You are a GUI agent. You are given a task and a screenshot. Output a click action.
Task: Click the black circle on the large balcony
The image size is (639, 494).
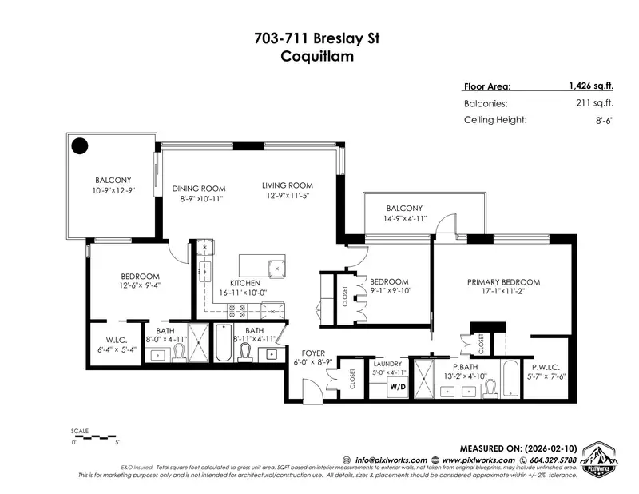click(80, 145)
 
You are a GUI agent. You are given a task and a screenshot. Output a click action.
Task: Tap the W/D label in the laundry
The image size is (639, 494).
click(397, 388)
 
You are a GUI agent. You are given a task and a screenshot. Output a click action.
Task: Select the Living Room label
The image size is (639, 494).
click(285, 185)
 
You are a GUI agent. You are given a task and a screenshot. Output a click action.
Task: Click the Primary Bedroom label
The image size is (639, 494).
click(503, 282)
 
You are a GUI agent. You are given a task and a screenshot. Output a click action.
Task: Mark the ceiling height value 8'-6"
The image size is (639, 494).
click(581, 120)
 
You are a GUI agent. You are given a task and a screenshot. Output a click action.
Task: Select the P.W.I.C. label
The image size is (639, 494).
click(547, 366)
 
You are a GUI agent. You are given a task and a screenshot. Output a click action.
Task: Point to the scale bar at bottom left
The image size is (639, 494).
click(94, 436)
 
